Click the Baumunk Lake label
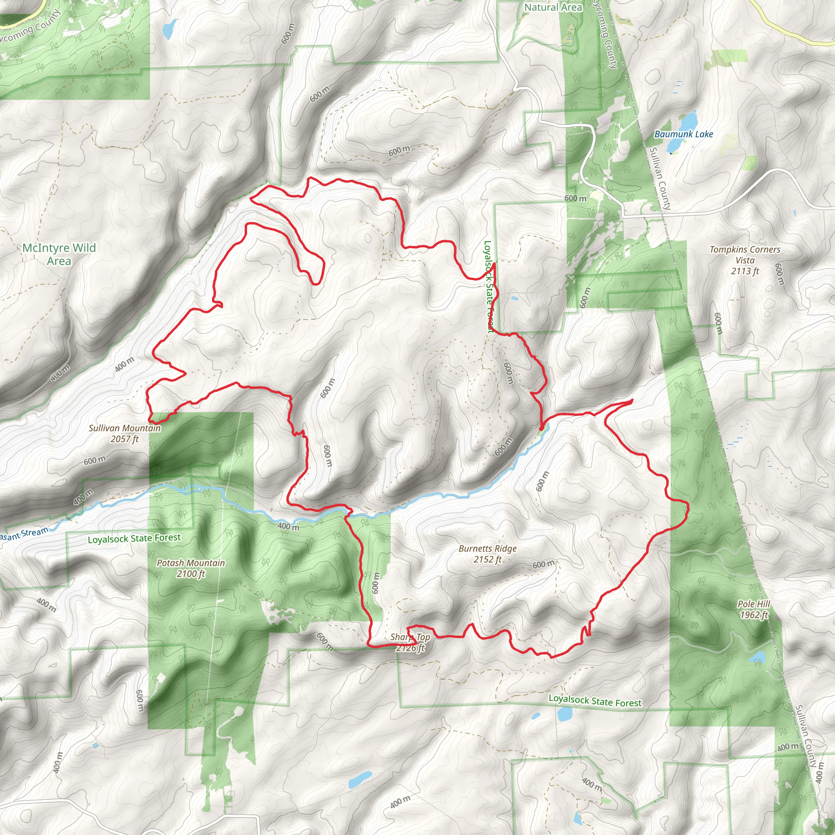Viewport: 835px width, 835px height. tap(683, 135)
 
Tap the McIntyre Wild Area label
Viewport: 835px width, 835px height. tap(59, 254)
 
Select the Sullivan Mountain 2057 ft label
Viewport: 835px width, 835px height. tap(124, 433)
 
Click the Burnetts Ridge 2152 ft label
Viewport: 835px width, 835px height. tap(488, 554)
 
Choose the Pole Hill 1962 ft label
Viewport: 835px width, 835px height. tap(754, 610)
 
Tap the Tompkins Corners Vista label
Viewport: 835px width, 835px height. tap(745, 260)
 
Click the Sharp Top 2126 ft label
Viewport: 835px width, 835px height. tap(410, 642)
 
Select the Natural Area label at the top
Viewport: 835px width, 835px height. tap(553, 7)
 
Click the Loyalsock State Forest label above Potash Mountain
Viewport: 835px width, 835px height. tap(134, 539)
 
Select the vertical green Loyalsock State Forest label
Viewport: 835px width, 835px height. tap(488, 287)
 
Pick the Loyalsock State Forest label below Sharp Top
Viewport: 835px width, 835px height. tap(595, 701)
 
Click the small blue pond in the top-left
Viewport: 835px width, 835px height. tap(170, 29)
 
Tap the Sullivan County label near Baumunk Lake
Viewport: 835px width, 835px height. tap(660, 179)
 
